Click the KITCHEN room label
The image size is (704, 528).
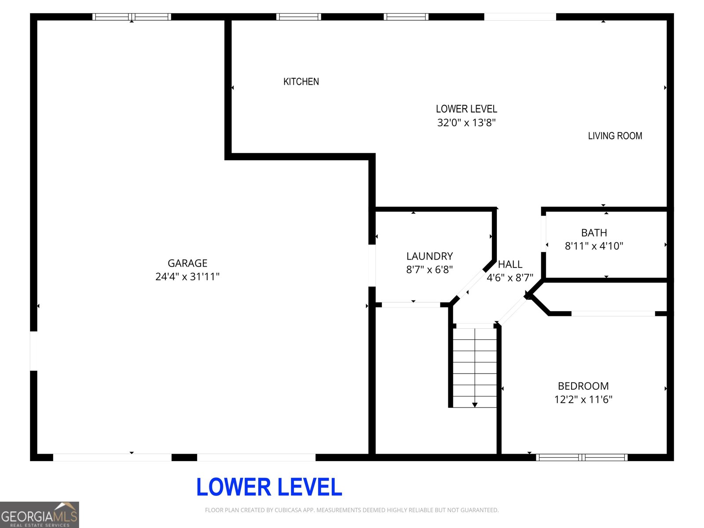(x=301, y=82)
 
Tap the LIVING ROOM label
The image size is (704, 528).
(x=615, y=136)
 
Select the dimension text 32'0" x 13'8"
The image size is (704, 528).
(x=466, y=123)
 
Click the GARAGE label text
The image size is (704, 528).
(x=187, y=263)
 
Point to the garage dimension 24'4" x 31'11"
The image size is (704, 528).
(x=187, y=277)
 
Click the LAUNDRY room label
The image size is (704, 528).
(x=429, y=256)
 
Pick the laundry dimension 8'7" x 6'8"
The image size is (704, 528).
(x=429, y=270)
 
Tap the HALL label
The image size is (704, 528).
(x=510, y=264)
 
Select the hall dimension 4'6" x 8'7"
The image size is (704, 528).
(x=510, y=278)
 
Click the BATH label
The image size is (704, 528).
(x=594, y=233)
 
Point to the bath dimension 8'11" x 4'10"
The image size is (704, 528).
(x=594, y=246)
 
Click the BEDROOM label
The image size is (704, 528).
(x=583, y=386)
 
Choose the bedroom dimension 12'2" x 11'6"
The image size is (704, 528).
(x=583, y=400)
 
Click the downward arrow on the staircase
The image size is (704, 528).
(x=475, y=404)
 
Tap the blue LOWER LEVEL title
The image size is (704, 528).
(x=269, y=487)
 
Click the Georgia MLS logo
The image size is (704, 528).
(x=40, y=515)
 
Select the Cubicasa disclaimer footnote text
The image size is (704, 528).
(x=352, y=510)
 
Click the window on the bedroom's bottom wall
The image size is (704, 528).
(x=582, y=458)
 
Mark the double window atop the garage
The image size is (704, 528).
(x=132, y=17)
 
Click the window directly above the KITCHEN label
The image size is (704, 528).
(x=299, y=17)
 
